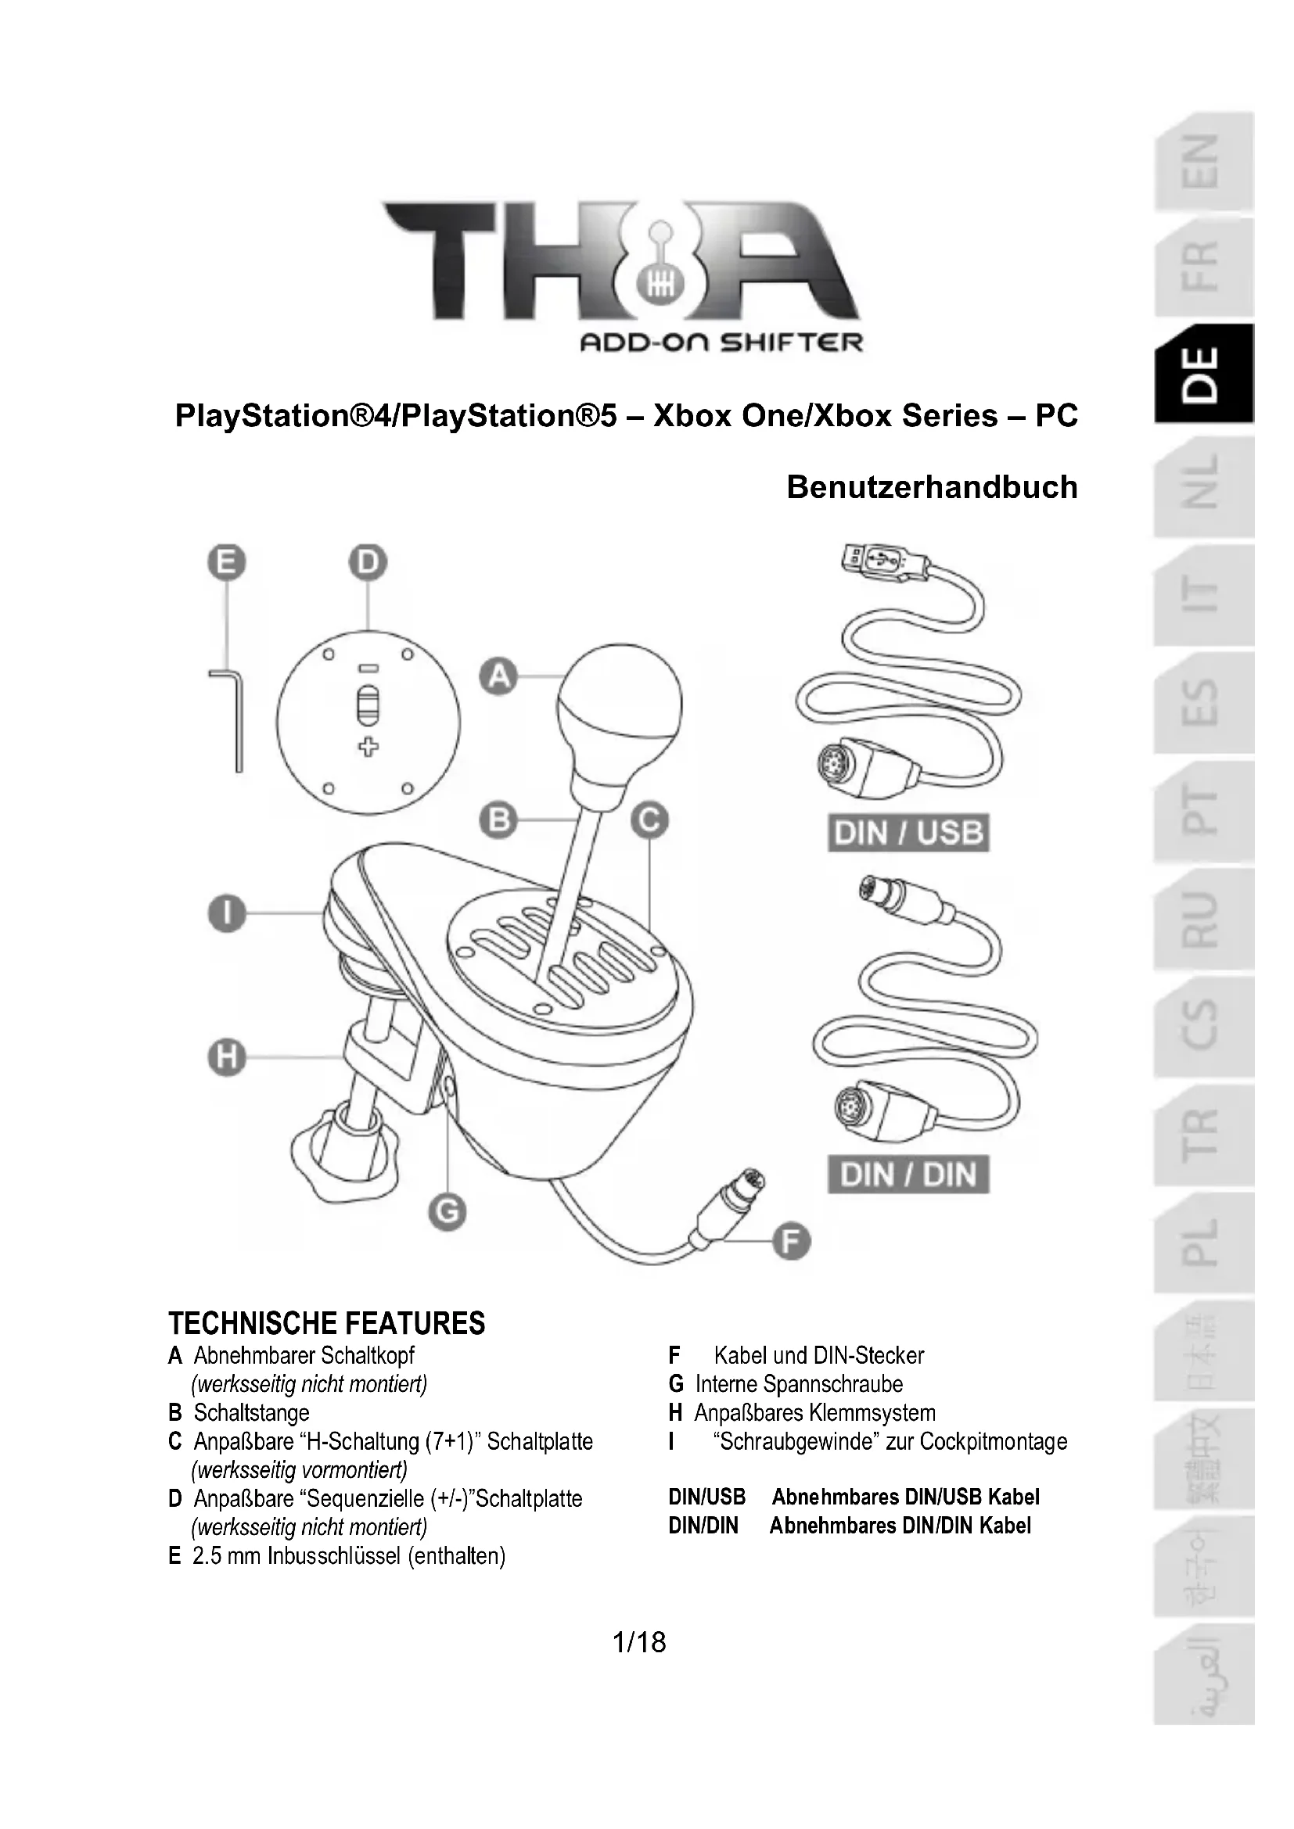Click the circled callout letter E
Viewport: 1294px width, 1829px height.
pos(227,563)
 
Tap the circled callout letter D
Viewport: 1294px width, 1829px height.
pos(368,563)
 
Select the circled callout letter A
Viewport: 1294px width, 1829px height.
pos(499,676)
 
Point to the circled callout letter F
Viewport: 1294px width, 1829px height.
pos(791,1241)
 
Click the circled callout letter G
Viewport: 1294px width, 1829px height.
pos(447,1211)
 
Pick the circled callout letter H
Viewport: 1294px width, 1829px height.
pos(227,1057)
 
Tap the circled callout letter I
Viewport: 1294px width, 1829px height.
pos(227,913)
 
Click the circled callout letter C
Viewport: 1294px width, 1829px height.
pos(649,819)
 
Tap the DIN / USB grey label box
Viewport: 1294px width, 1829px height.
pos(908,834)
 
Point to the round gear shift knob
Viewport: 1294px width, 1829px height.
pos(620,697)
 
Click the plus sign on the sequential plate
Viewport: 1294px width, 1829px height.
pos(368,748)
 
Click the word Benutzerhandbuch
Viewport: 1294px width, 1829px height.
pos(932,487)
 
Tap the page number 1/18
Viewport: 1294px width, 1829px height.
pos(639,1643)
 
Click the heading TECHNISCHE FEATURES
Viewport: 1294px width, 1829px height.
pos(327,1323)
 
